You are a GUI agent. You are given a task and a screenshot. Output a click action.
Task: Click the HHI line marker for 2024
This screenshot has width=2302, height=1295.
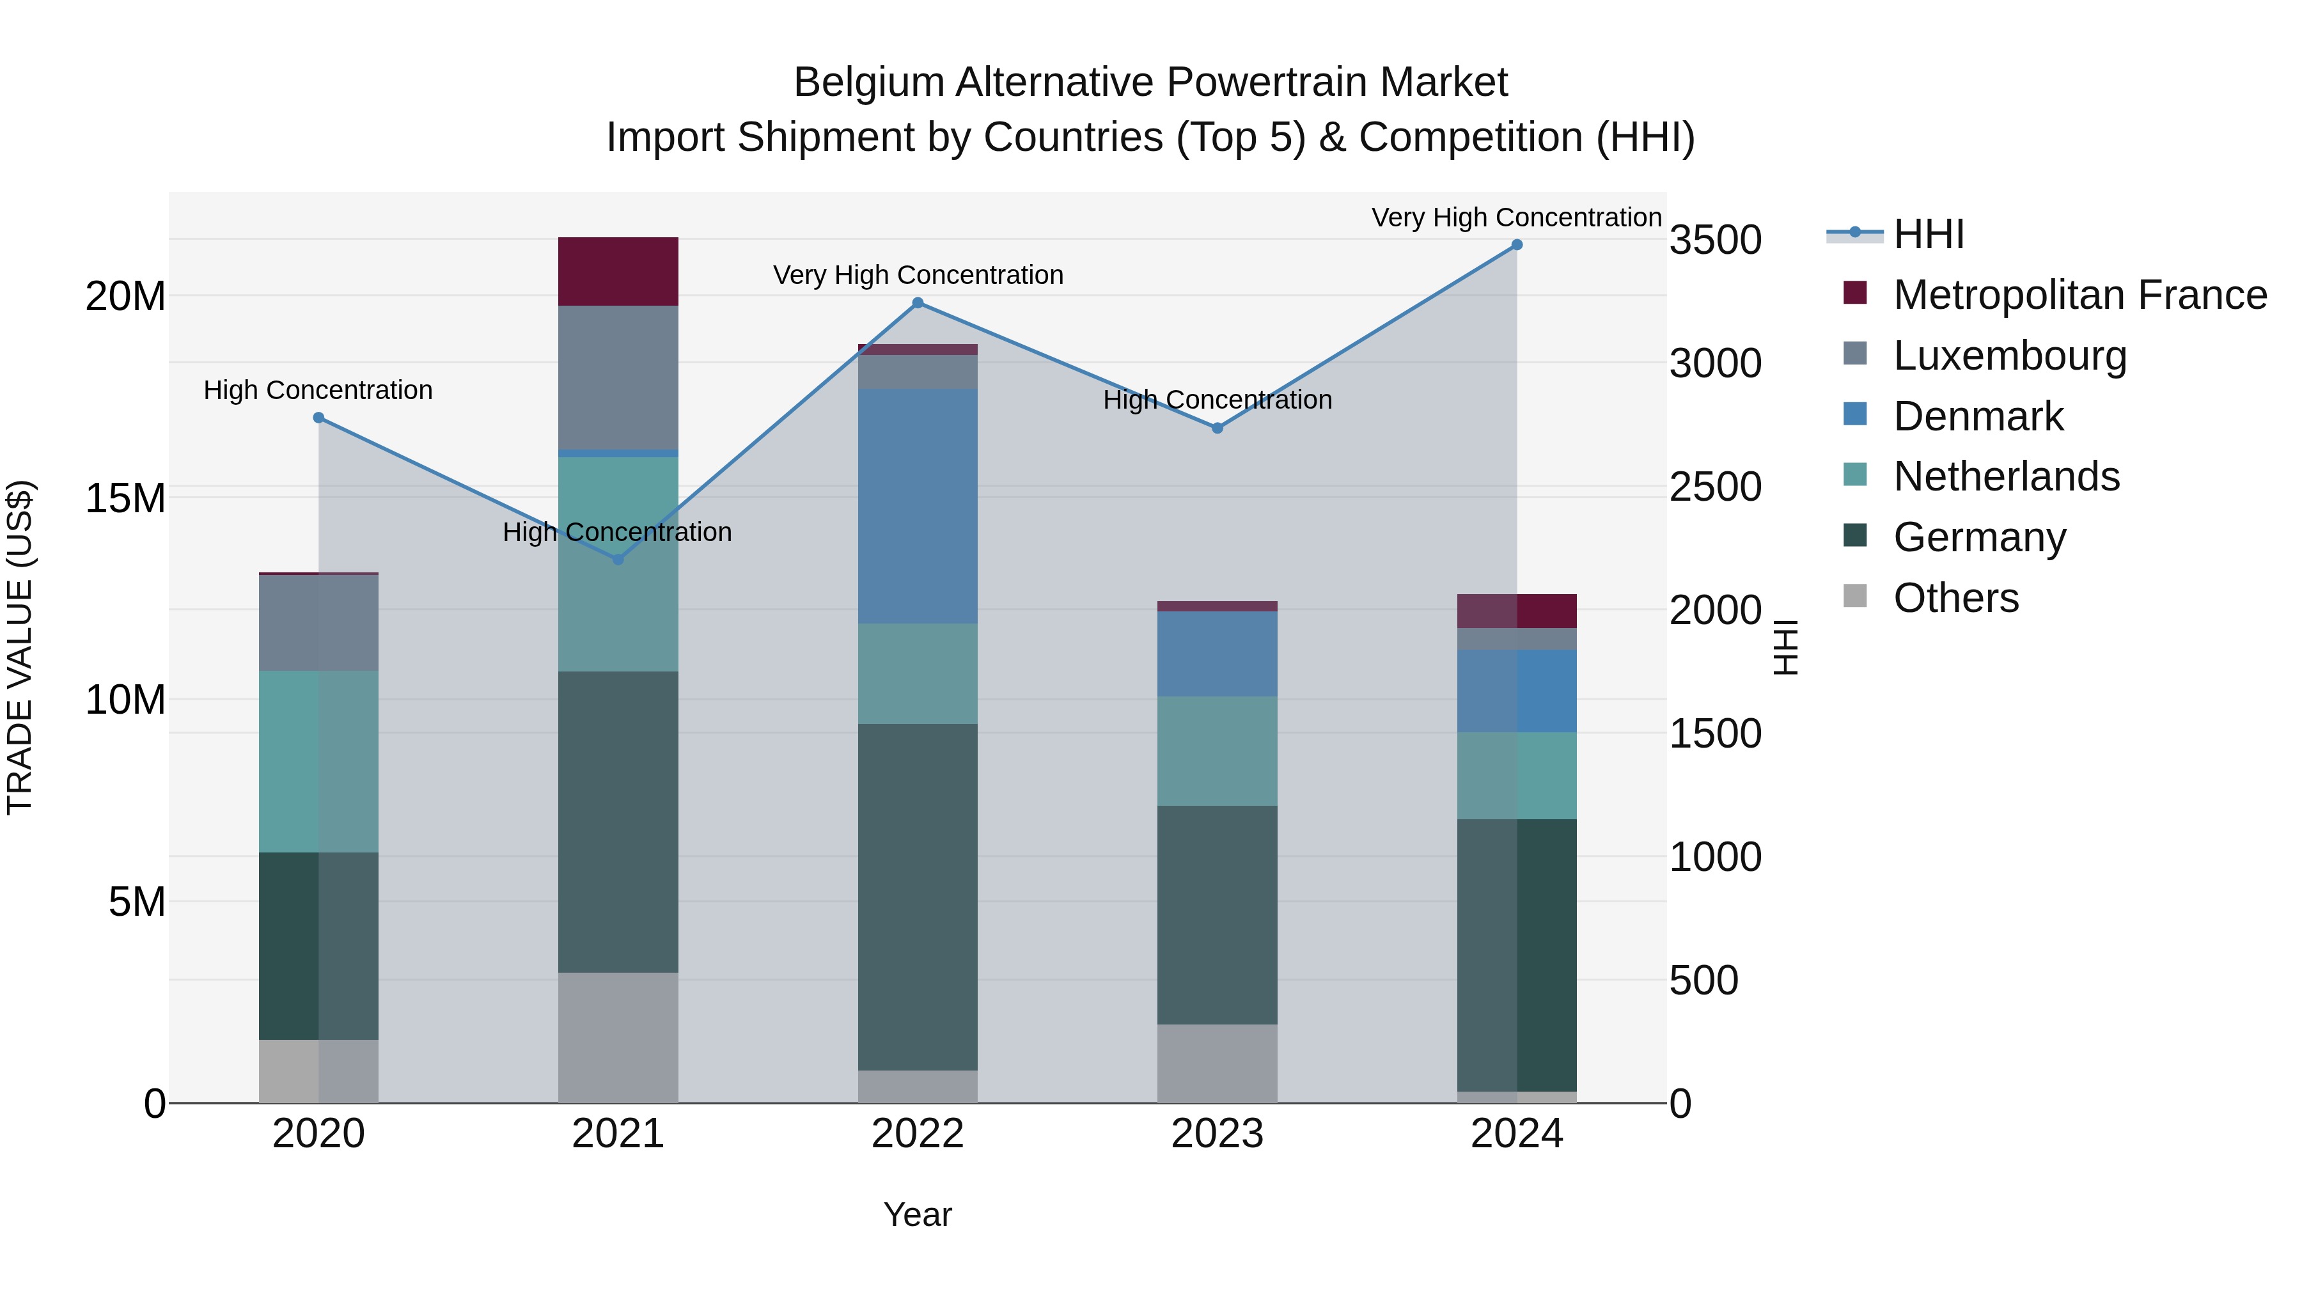pyautogui.click(x=1517, y=245)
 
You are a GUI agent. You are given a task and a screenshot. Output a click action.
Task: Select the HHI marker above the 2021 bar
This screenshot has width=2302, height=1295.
pyautogui.click(x=618, y=560)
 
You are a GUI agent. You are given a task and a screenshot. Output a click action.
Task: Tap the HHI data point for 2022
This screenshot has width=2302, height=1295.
pyautogui.click(x=918, y=303)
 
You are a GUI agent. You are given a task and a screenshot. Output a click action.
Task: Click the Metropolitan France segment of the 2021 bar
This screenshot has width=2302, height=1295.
pyautogui.click(x=618, y=272)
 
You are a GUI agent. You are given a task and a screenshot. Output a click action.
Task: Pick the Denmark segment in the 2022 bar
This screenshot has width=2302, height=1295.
pyautogui.click(x=918, y=506)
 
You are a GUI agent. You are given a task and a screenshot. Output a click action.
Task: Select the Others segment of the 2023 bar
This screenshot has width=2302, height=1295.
pyautogui.click(x=1217, y=1063)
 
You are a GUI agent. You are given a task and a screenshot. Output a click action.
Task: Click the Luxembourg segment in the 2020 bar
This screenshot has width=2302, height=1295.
pyautogui.click(x=318, y=623)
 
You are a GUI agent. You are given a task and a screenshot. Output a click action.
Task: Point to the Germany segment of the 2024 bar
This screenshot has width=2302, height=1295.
pyautogui.click(x=1517, y=955)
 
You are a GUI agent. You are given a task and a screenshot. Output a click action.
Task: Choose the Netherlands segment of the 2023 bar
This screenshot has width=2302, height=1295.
pyautogui.click(x=1217, y=751)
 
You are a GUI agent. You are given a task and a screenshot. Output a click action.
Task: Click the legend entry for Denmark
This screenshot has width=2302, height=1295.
pyautogui.click(x=1978, y=416)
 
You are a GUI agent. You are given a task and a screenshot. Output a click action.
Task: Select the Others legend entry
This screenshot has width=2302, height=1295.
pyautogui.click(x=1955, y=598)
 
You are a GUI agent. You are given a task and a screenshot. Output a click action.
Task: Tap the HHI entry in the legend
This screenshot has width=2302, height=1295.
pyautogui.click(x=1929, y=234)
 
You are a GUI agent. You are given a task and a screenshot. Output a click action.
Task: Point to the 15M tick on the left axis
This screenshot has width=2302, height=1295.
pyautogui.click(x=125, y=498)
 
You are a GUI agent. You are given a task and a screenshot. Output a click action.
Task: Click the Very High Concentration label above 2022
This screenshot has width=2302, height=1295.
pyautogui.click(x=918, y=275)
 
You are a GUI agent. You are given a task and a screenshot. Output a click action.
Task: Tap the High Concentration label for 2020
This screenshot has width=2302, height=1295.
pyautogui.click(x=318, y=391)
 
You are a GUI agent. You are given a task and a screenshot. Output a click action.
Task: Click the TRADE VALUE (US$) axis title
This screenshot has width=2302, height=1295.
pyautogui.click(x=20, y=647)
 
